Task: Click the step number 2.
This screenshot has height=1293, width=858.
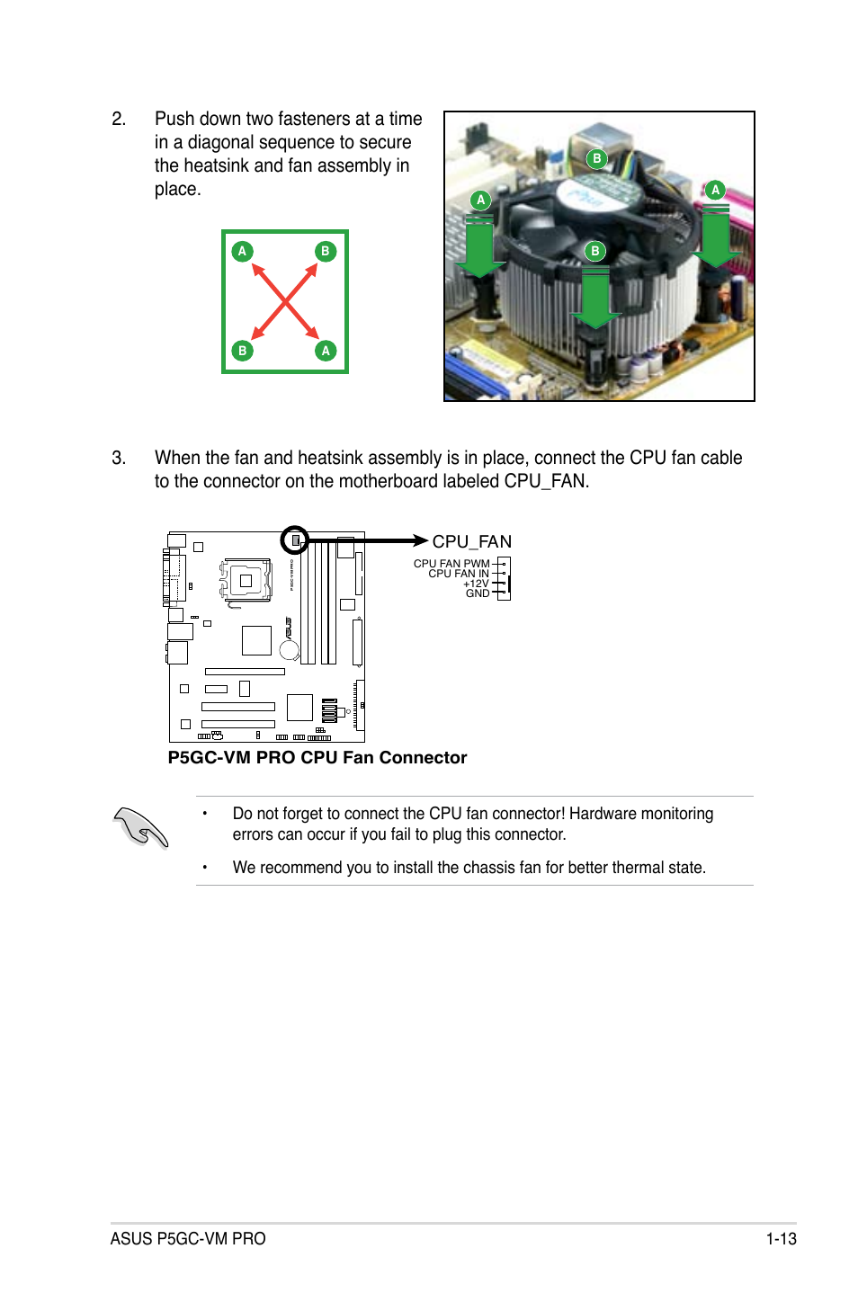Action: (x=119, y=119)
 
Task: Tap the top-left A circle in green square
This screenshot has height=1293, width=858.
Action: (x=242, y=251)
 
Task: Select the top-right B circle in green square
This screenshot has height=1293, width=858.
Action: (x=326, y=251)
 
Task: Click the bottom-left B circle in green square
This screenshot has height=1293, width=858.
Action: (x=242, y=351)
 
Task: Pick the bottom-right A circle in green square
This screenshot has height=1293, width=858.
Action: (x=326, y=351)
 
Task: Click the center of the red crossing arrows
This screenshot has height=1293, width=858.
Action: (x=284, y=301)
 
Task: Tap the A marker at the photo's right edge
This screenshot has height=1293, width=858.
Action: (x=715, y=190)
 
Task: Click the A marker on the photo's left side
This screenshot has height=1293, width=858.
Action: (x=481, y=200)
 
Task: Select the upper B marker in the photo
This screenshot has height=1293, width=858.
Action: (x=596, y=159)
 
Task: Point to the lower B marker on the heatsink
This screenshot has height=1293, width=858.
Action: (x=594, y=251)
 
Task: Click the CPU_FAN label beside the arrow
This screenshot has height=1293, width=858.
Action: (x=471, y=541)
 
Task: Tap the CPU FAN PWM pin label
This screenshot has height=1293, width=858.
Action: (x=451, y=564)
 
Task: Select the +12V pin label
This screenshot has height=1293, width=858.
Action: (x=476, y=584)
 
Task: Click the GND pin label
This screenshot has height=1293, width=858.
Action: (x=478, y=593)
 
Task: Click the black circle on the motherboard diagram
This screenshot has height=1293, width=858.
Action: (x=295, y=540)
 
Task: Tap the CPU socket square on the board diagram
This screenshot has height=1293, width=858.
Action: (x=245, y=581)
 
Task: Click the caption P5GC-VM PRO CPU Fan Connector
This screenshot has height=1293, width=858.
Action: (x=317, y=757)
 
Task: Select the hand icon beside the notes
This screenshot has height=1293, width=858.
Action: (x=141, y=826)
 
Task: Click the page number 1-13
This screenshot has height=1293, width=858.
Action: (x=781, y=1238)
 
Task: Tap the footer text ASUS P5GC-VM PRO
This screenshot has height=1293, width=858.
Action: (x=188, y=1238)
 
